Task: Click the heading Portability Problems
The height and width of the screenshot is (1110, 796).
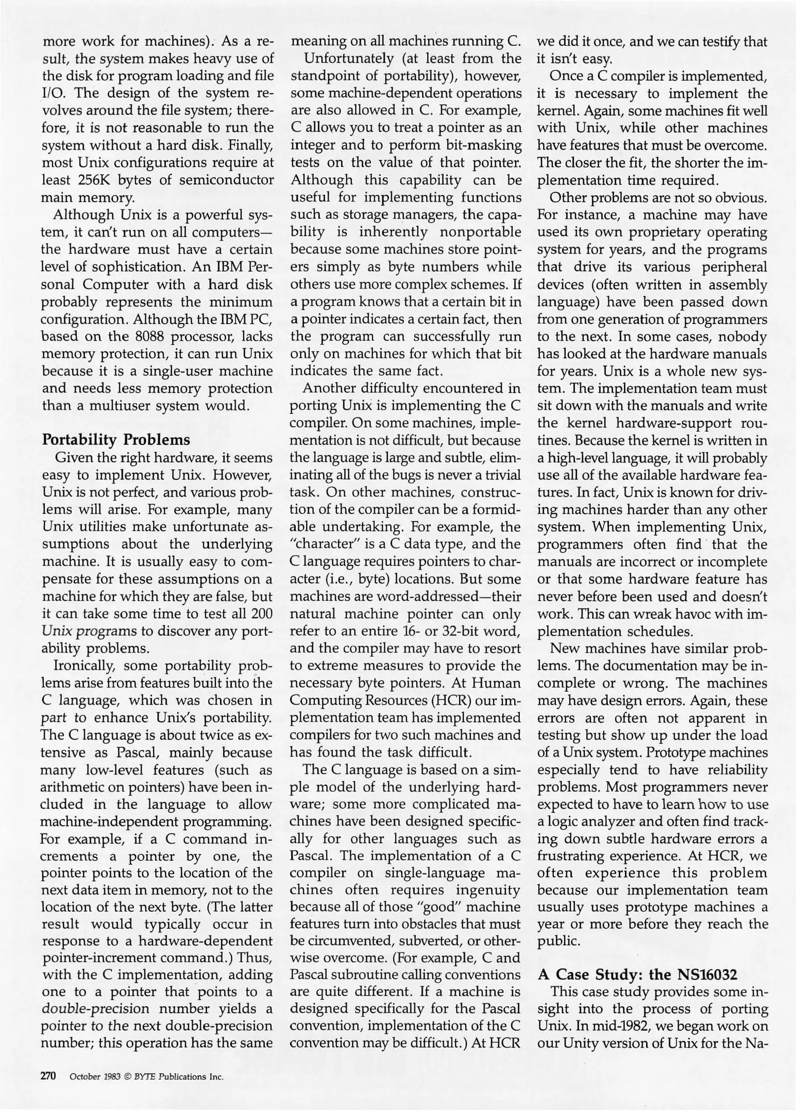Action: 116,440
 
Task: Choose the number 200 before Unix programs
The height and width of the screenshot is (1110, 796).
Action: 260,614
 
